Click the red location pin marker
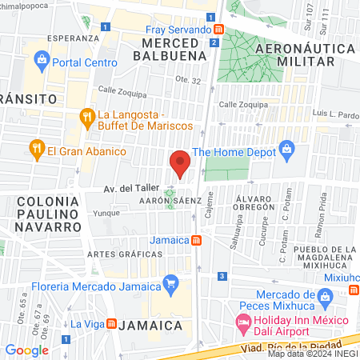[180, 163]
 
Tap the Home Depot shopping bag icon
[288, 150]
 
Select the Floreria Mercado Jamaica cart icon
[170, 282]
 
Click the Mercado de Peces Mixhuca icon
[324, 298]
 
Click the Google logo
[26, 350]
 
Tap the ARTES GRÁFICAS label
[119, 254]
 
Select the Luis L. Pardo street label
[336, 114]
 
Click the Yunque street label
[106, 214]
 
